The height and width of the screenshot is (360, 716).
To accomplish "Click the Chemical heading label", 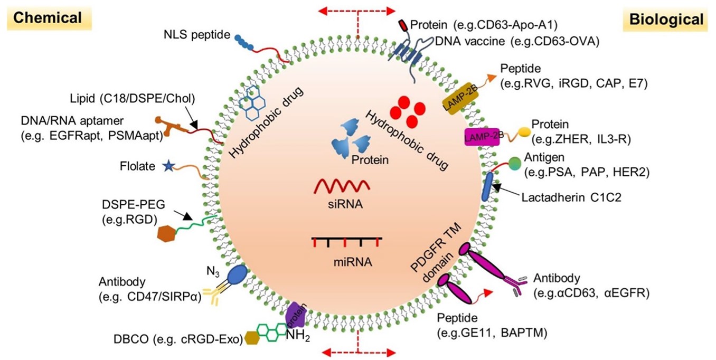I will click(x=48, y=17).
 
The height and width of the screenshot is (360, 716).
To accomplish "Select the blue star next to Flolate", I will click(x=168, y=166).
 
